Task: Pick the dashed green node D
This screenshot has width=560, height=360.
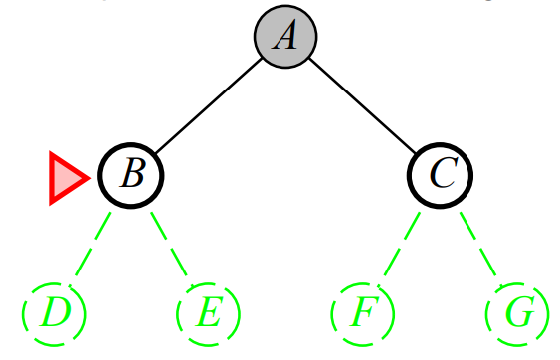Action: pos(54,313)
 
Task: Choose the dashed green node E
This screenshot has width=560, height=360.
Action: pos(208,313)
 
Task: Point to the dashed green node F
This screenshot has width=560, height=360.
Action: pos(363,313)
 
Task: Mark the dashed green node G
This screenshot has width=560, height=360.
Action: pos(517,313)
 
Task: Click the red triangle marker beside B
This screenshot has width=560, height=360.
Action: pos(67,178)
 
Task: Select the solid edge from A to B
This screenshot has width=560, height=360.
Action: pos(209,105)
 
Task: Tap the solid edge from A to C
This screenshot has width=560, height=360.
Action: pos(363,105)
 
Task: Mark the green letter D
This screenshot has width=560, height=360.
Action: pos(54,313)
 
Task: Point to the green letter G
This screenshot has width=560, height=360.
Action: pos(517,313)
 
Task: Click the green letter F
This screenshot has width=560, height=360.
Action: pos(363,313)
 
